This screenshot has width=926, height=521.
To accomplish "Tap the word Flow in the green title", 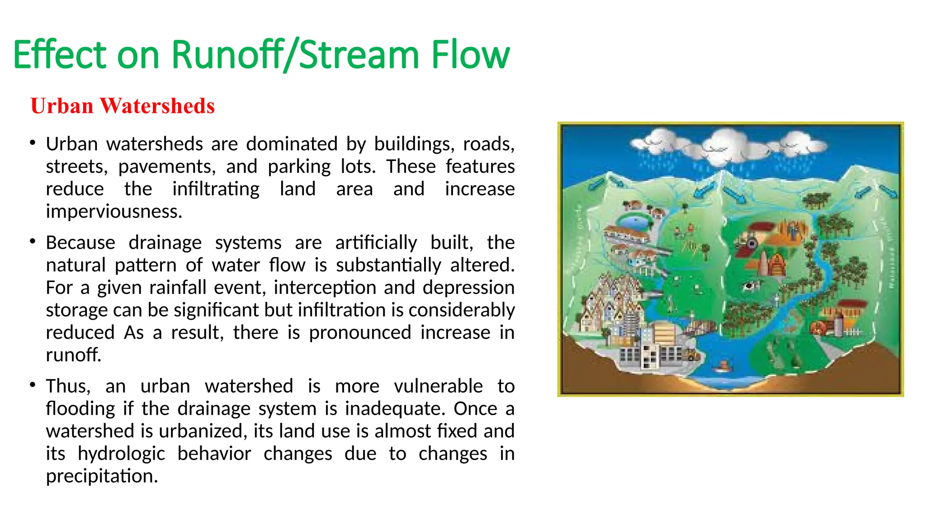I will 470,55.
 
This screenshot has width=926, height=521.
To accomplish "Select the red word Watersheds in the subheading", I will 157,106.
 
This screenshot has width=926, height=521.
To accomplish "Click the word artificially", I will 376,242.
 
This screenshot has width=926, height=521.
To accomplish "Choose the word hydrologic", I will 121,454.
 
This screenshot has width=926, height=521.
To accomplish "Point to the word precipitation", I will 102,476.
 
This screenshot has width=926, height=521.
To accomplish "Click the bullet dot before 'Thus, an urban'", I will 33,385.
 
